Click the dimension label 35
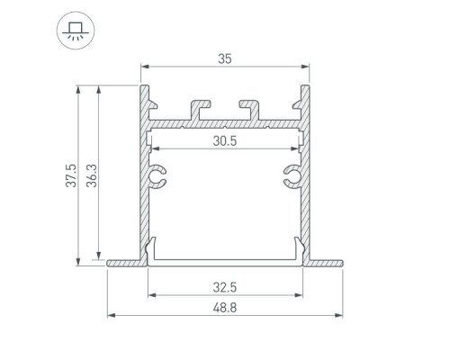(x=225, y=58)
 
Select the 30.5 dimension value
(x=225, y=140)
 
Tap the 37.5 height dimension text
(x=71, y=175)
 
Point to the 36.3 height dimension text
(x=92, y=175)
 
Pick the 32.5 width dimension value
(x=225, y=287)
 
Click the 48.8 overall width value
(x=225, y=308)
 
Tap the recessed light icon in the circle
(x=76, y=31)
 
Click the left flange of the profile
(x=124, y=263)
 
